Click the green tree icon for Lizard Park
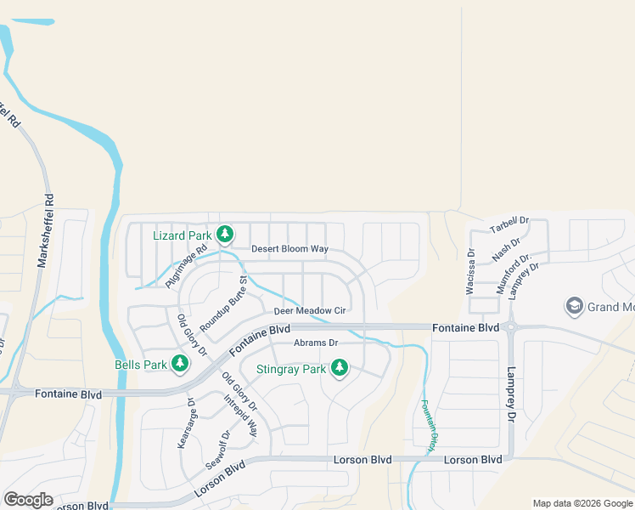pyautogui.click(x=225, y=234)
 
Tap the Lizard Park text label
pyautogui.click(x=182, y=235)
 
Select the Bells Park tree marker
pyautogui.click(x=179, y=364)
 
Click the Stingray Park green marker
pyautogui.click(x=340, y=368)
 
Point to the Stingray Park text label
pyautogui.click(x=291, y=370)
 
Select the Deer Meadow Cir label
pyautogui.click(x=310, y=311)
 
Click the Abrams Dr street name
pyautogui.click(x=316, y=343)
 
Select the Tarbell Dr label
pyautogui.click(x=510, y=224)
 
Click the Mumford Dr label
pyautogui.click(x=514, y=273)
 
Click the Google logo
pyautogui.click(x=28, y=500)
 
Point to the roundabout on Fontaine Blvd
pyautogui.click(x=511, y=326)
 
